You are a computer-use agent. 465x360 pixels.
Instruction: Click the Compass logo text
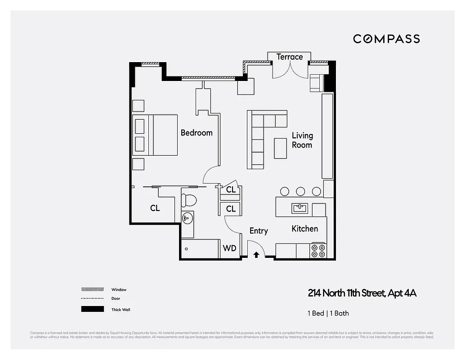[386, 39]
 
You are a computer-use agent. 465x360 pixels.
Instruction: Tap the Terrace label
[289, 57]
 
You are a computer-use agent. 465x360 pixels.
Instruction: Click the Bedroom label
[197, 133]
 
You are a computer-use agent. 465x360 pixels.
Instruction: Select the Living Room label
[302, 140]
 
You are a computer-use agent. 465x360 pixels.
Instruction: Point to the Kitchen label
[304, 229]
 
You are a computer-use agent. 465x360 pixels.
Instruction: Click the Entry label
[259, 231]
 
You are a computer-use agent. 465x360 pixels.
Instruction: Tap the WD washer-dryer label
[229, 248]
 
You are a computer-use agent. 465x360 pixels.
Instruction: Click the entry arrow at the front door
[256, 255]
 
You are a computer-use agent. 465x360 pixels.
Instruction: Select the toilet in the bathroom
[189, 199]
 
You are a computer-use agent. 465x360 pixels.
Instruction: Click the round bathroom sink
[187, 219]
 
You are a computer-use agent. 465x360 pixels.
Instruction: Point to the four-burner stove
[318, 251]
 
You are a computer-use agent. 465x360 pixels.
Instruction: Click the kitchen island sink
[299, 208]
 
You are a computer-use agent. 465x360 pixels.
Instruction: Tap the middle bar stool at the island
[300, 191]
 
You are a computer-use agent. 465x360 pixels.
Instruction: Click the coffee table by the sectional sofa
[281, 148]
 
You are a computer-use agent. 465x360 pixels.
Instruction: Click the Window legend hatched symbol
[92, 289]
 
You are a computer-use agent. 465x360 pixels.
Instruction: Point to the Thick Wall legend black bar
[92, 309]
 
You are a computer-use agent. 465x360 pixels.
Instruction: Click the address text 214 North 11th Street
[362, 293]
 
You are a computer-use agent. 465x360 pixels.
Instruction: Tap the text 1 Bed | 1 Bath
[328, 313]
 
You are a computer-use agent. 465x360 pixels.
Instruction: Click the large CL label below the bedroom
[155, 208]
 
